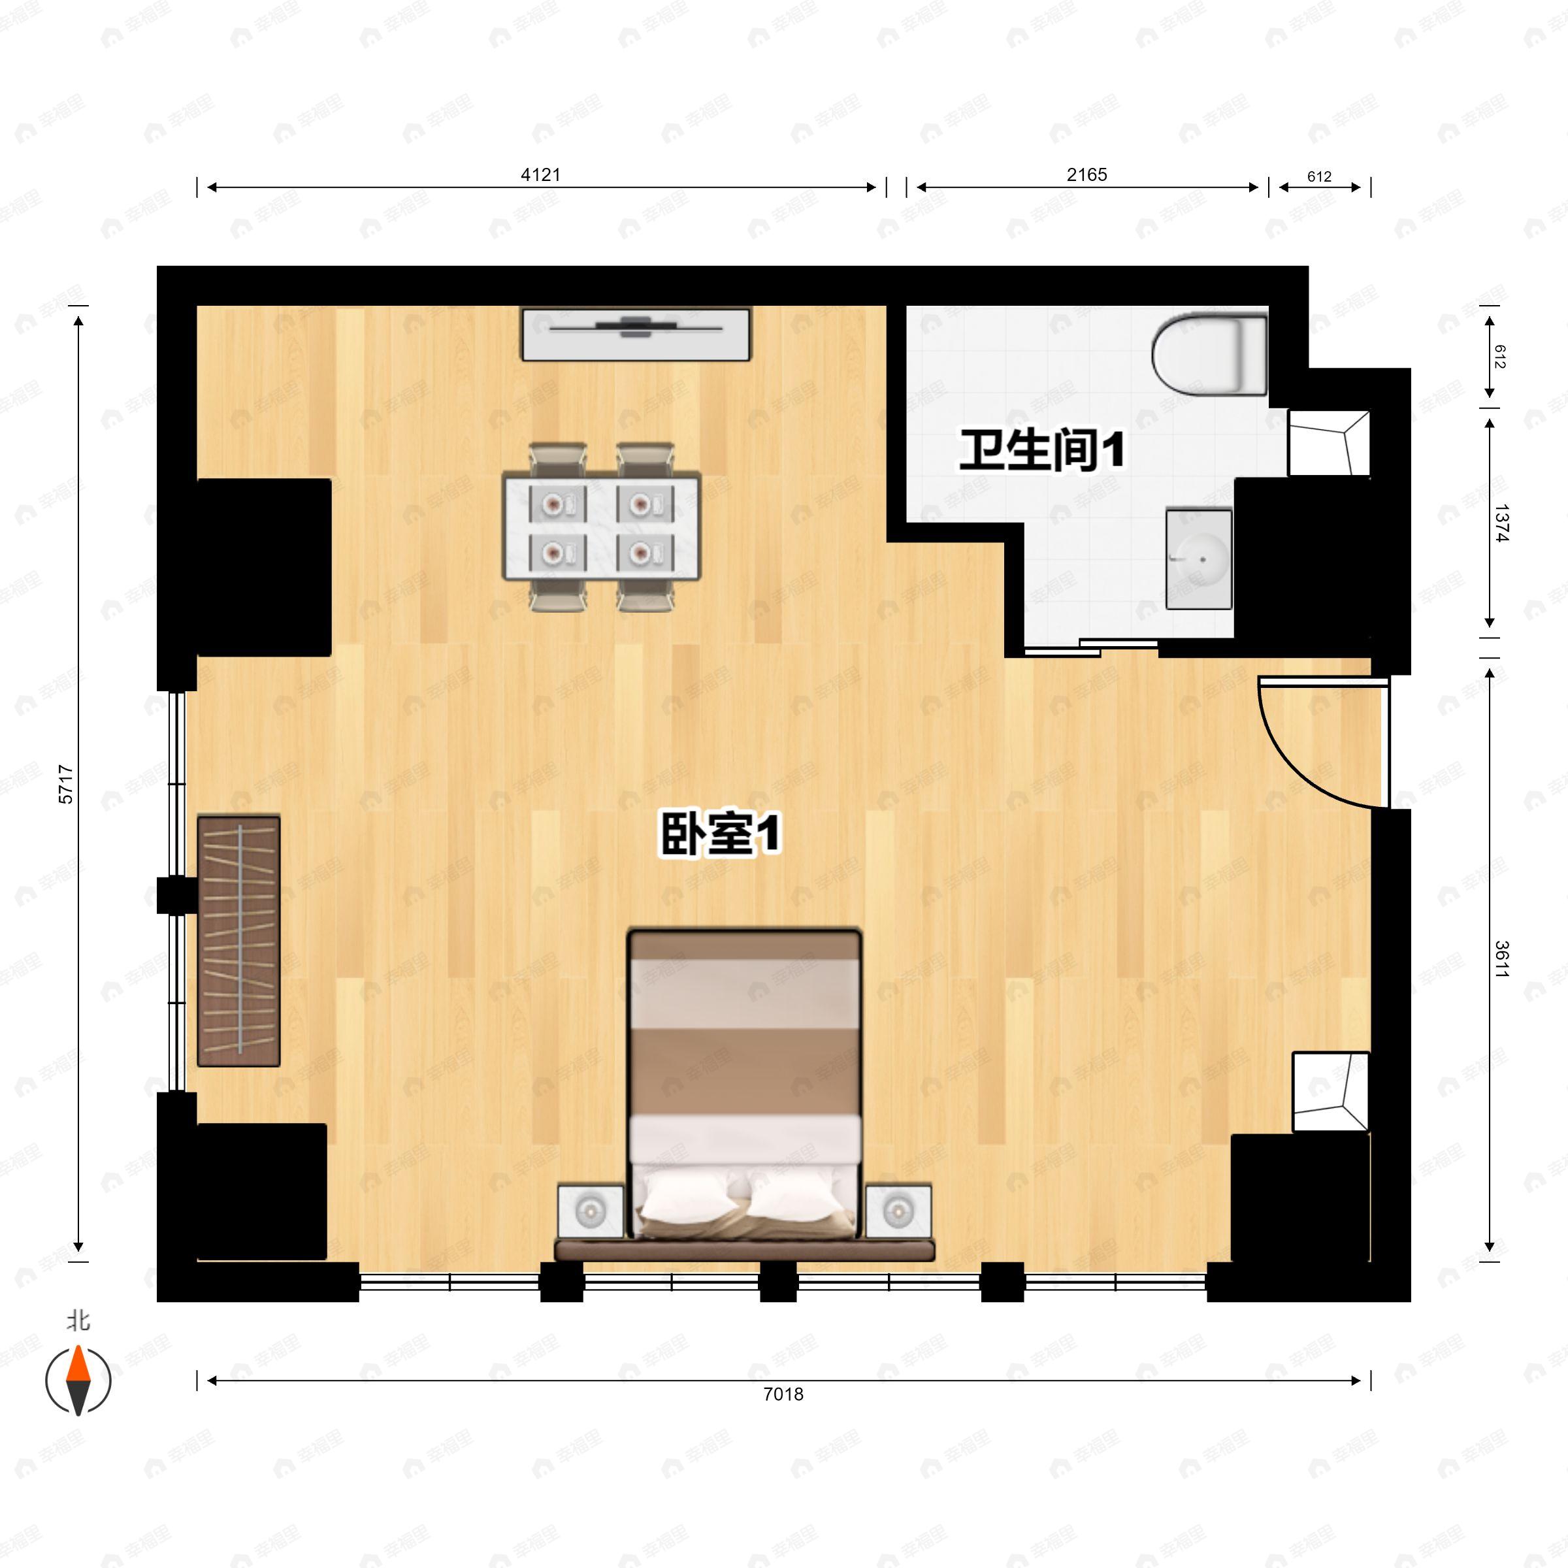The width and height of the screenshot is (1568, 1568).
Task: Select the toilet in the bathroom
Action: (x=1209, y=355)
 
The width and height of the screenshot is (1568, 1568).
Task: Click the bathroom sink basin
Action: (x=1199, y=559)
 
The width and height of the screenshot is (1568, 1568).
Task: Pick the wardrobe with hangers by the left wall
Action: (x=238, y=941)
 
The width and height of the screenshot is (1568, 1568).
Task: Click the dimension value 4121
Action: (x=540, y=174)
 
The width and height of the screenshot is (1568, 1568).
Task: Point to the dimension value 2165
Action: (x=1086, y=174)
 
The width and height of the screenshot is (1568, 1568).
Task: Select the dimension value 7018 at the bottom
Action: (x=783, y=1394)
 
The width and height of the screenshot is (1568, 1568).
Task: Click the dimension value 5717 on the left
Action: (x=66, y=784)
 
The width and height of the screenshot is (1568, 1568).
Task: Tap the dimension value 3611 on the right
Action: (x=1501, y=958)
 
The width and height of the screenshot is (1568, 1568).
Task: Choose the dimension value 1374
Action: (x=1501, y=523)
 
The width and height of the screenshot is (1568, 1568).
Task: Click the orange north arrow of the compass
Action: (x=78, y=1364)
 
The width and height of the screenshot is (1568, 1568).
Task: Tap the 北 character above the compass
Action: (x=78, y=1321)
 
